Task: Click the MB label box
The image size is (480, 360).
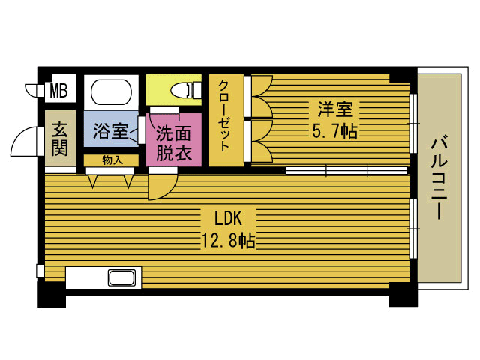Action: (x=58, y=91)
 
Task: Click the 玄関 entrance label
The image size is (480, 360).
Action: (x=60, y=138)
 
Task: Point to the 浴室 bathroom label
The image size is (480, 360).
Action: (x=109, y=132)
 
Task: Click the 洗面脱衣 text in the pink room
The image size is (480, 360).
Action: (x=174, y=143)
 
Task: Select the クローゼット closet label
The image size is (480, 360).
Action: (x=226, y=120)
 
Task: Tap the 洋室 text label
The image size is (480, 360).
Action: (x=334, y=109)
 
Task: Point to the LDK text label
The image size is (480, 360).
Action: (x=226, y=218)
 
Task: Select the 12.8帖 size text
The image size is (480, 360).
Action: (x=226, y=241)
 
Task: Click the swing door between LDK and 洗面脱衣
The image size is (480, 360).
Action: (x=161, y=186)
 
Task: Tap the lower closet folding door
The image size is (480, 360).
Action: (x=260, y=141)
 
